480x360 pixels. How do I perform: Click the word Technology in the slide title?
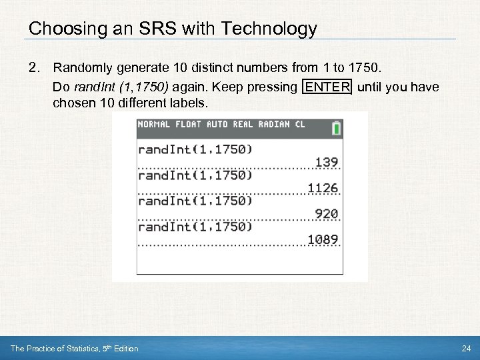pyautogui.click(x=269, y=29)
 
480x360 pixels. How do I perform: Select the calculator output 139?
pyautogui.click(x=327, y=162)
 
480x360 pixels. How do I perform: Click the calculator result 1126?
pyautogui.click(x=323, y=188)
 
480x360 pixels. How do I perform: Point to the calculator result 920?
pyautogui.click(x=327, y=214)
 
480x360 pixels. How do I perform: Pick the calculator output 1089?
pyautogui.click(x=323, y=239)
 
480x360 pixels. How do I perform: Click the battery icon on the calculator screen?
pyautogui.click(x=336, y=127)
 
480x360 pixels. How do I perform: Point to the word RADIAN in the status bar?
pyautogui.click(x=275, y=125)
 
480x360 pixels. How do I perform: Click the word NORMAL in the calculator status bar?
pyautogui.click(x=154, y=125)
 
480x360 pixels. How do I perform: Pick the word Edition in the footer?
pyautogui.click(x=125, y=348)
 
